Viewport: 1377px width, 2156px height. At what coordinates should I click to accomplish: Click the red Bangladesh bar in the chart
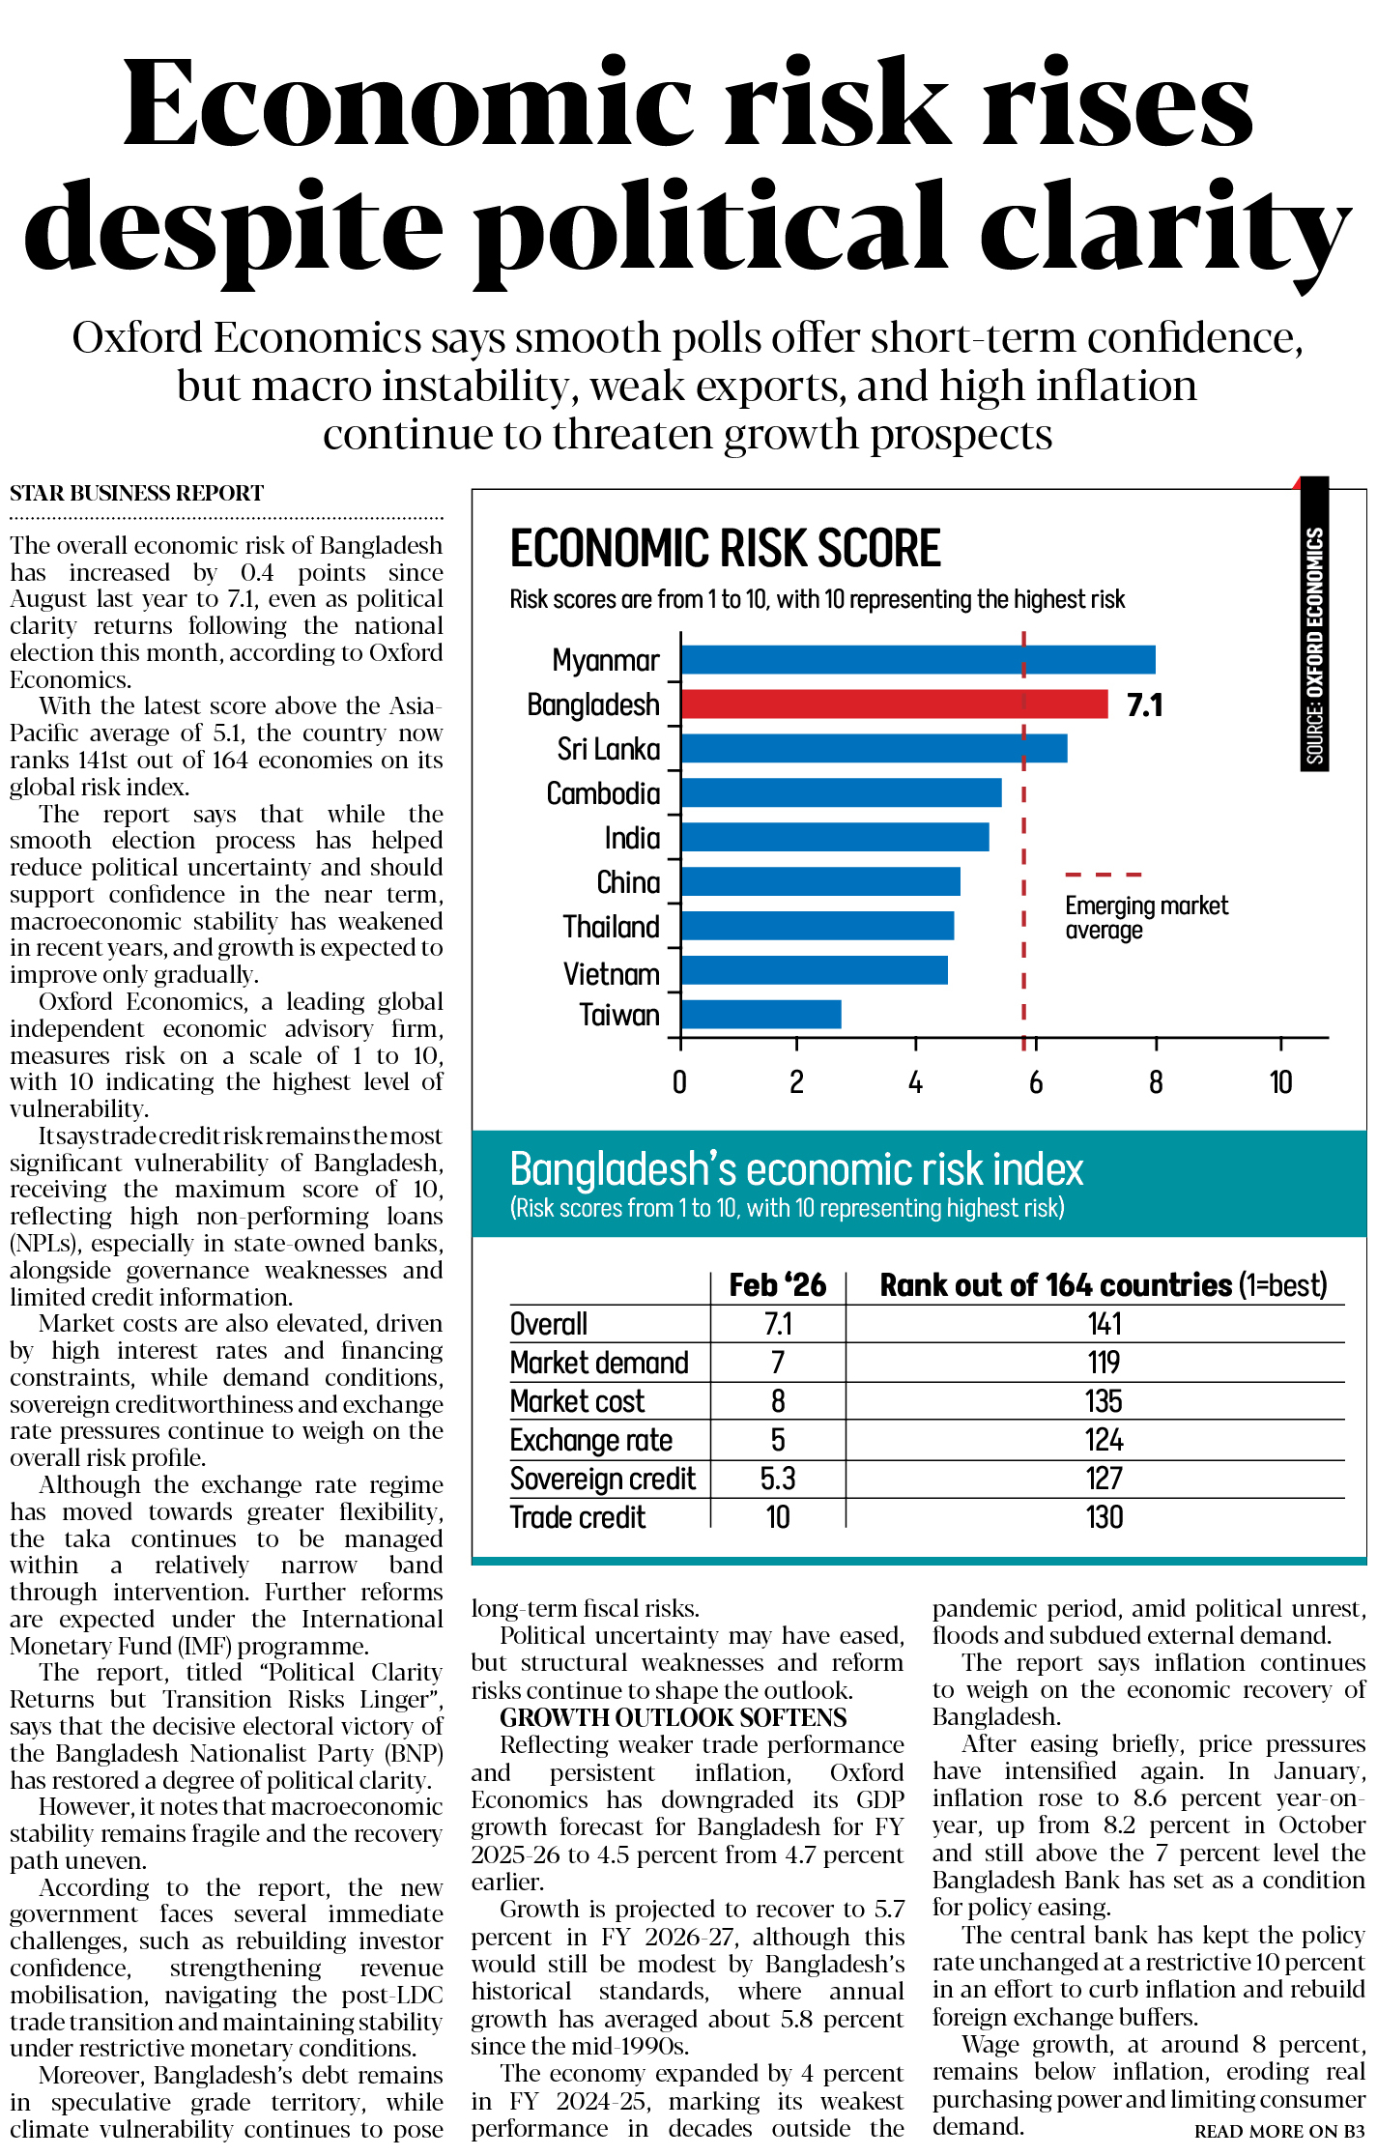point(894,704)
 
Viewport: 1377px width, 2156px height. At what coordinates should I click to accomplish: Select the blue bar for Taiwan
point(760,1014)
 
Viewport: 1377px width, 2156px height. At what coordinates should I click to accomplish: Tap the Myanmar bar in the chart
point(918,659)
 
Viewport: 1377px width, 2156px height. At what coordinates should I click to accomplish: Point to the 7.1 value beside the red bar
point(1144,704)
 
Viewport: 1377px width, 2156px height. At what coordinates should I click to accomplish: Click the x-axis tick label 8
point(1156,1082)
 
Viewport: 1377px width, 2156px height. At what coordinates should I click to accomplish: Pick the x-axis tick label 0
point(680,1082)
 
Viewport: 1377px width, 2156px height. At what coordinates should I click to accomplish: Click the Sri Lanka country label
point(609,749)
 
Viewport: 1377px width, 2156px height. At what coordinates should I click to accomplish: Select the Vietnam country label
point(611,973)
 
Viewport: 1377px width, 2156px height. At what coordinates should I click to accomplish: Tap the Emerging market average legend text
point(1145,917)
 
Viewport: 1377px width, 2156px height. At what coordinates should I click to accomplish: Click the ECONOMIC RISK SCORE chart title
point(725,548)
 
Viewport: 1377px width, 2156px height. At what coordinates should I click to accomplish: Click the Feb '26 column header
point(777,1284)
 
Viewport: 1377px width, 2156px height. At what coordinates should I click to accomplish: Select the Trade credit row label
point(577,1517)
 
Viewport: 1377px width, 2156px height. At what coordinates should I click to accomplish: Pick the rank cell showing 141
point(1104,1323)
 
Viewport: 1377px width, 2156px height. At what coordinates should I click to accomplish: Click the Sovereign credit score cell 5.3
point(777,1479)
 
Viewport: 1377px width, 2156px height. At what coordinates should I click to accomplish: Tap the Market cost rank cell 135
point(1104,1400)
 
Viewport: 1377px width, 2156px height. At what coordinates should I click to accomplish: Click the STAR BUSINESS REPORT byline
point(136,493)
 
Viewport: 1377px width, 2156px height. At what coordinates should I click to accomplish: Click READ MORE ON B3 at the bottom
point(1279,2131)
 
